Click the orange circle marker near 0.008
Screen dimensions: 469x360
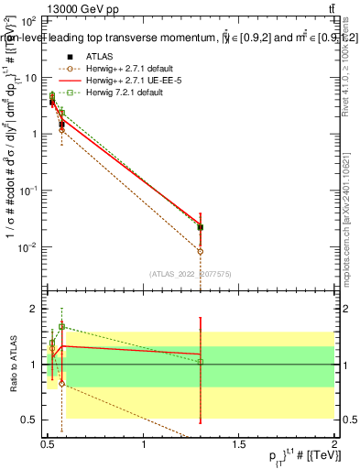coord(201,251)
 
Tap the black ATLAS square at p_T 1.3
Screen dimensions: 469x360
coord(201,227)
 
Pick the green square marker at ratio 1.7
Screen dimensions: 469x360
coord(61,326)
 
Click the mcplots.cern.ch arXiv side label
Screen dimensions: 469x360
coord(349,211)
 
